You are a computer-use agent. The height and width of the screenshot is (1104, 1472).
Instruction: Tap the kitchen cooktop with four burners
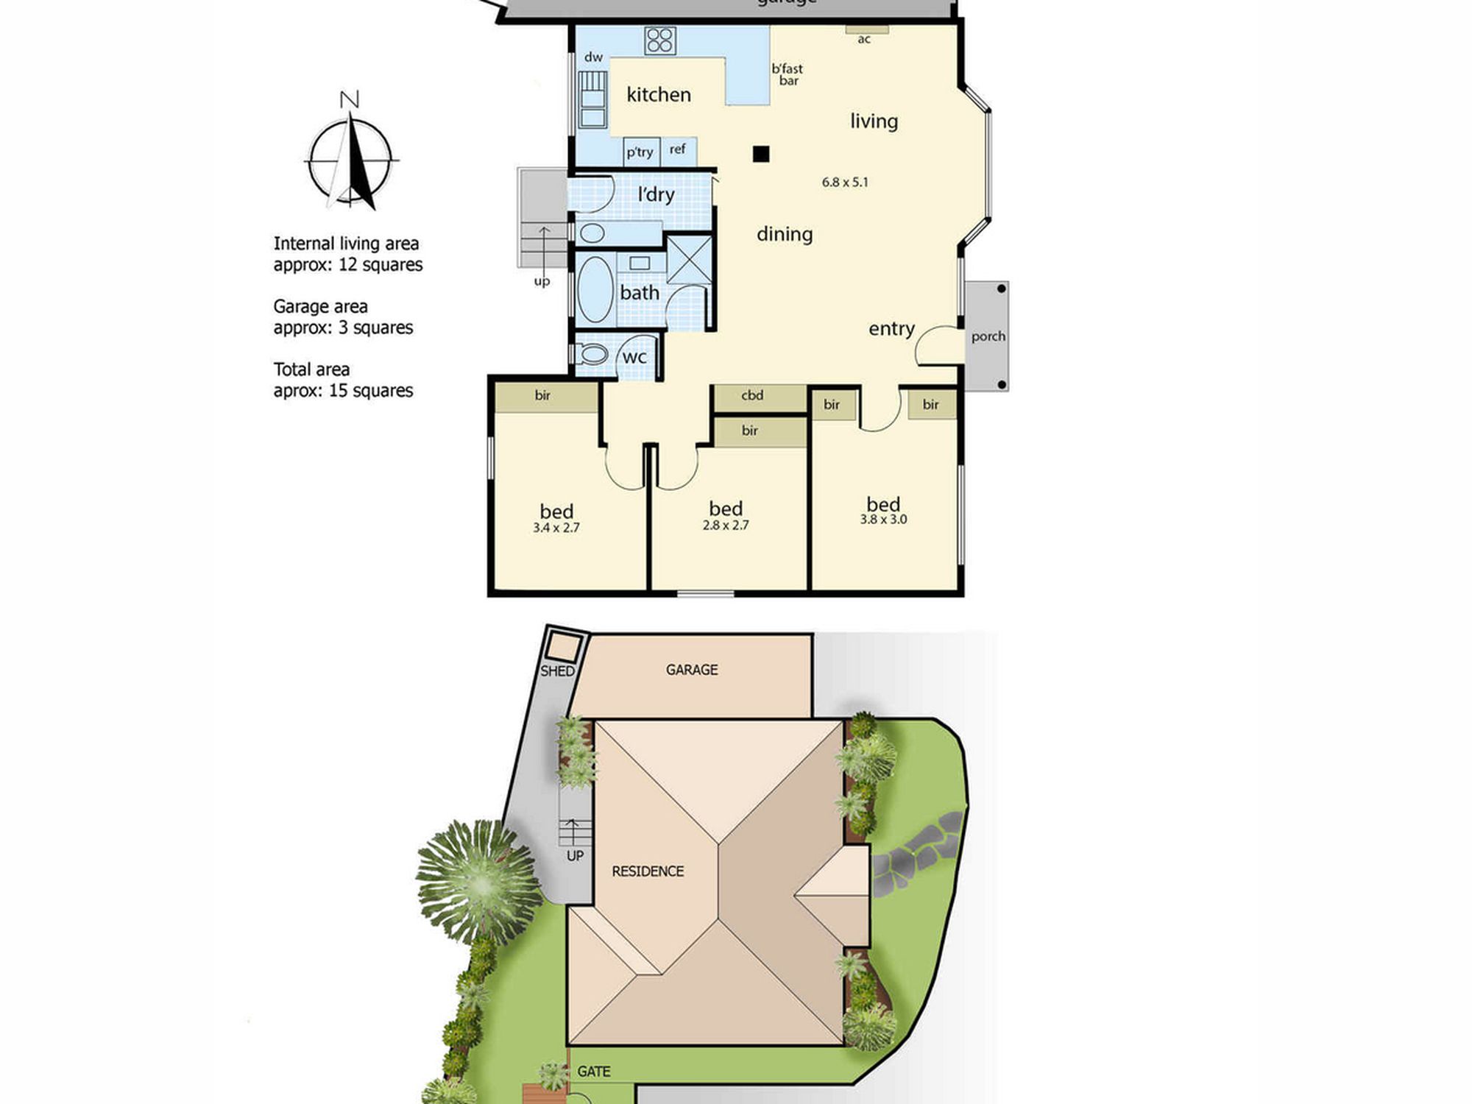click(x=660, y=40)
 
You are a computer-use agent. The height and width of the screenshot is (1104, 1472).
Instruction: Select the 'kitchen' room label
click(x=659, y=95)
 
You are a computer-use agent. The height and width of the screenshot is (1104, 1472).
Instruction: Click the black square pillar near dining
click(x=761, y=154)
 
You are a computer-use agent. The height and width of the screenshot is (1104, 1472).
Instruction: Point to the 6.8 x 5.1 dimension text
click(x=845, y=182)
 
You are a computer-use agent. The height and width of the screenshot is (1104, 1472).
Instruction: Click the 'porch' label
click(x=988, y=336)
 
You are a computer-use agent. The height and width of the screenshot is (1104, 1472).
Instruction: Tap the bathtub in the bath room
click(x=595, y=289)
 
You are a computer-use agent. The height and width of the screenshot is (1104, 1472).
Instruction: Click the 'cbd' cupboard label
click(x=752, y=395)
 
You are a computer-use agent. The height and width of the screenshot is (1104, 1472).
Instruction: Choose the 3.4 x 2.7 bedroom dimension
click(x=556, y=528)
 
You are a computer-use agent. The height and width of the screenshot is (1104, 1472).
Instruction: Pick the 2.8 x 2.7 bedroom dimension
click(x=726, y=526)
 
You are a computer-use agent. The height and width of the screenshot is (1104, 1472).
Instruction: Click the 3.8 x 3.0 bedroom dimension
click(x=883, y=520)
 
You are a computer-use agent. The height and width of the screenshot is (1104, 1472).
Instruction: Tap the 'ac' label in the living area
click(x=864, y=40)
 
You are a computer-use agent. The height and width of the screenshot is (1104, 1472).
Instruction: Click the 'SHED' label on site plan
click(x=557, y=671)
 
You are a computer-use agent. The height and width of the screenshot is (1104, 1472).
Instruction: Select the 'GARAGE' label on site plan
click(x=692, y=670)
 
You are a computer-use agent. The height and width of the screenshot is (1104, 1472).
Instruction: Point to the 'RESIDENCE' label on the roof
click(x=648, y=871)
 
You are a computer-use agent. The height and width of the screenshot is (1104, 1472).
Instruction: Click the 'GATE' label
click(x=594, y=1072)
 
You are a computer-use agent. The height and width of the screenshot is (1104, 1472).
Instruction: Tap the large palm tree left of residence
click(x=479, y=882)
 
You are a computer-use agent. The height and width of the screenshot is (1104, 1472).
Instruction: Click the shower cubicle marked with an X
click(x=690, y=259)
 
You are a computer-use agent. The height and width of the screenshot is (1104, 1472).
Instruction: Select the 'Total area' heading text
click(x=311, y=369)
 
